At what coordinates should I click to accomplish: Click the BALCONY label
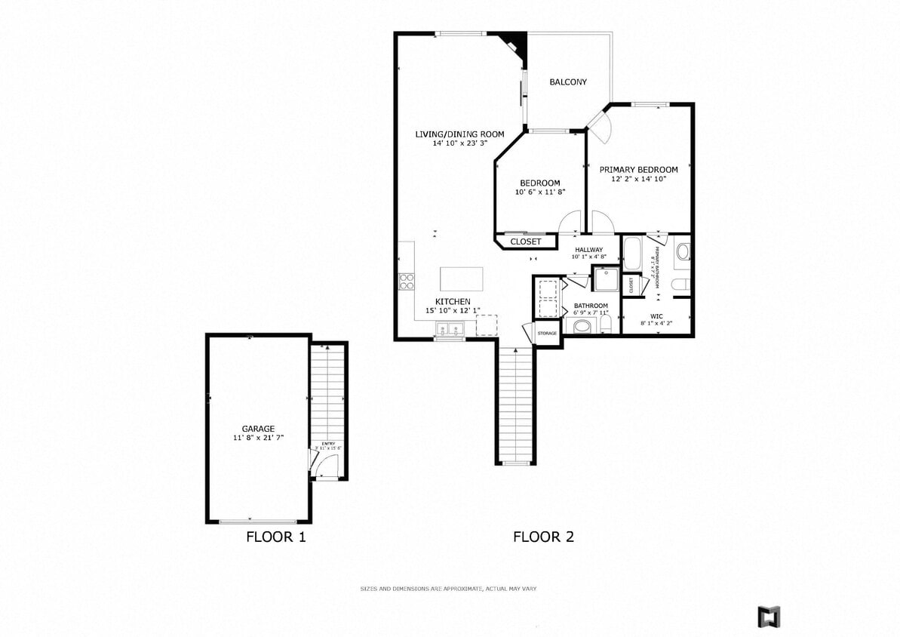click(x=567, y=82)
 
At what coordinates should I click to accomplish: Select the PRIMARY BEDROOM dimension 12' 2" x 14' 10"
click(x=638, y=180)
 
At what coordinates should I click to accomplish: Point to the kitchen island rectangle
click(x=461, y=278)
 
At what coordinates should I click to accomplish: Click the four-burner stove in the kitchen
click(x=407, y=282)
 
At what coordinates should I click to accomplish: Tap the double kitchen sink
click(x=450, y=329)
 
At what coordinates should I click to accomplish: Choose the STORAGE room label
click(x=547, y=333)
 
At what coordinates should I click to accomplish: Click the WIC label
click(x=656, y=316)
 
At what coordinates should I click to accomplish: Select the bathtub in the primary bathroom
click(x=631, y=253)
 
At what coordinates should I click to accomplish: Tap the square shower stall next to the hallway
click(x=605, y=279)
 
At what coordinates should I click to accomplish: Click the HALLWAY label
click(x=588, y=250)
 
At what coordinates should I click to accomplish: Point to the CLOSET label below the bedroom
click(x=526, y=242)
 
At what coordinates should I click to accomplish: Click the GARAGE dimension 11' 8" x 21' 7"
click(x=258, y=438)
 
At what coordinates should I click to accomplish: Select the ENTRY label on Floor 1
click(x=328, y=444)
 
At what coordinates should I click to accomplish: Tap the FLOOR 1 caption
click(x=276, y=537)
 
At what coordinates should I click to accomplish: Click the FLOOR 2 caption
click(x=543, y=537)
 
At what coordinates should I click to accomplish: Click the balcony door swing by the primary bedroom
click(x=599, y=127)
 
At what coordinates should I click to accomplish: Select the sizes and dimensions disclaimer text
click(x=448, y=589)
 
